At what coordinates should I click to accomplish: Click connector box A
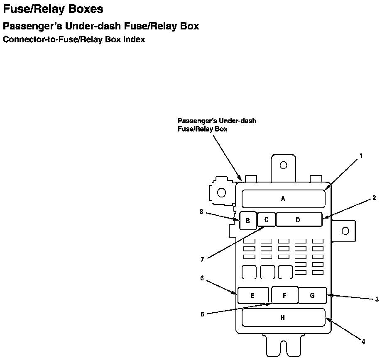283,199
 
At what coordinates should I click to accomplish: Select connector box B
248,221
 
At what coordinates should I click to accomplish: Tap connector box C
267,219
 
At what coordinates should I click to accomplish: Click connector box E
253,295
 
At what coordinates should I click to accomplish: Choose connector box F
284,295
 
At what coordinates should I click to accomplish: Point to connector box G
312,295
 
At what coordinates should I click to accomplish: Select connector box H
283,318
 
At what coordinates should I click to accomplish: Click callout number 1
361,156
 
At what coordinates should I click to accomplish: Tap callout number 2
374,198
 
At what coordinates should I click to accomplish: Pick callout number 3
377,299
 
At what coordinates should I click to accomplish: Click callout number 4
363,341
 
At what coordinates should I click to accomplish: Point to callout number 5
202,314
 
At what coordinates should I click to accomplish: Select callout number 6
202,278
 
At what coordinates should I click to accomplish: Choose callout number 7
202,260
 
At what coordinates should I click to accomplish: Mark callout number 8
201,212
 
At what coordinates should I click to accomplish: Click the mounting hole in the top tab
283,165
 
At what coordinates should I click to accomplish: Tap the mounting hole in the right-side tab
345,231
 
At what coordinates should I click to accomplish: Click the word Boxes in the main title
82,9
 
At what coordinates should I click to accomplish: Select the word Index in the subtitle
134,40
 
